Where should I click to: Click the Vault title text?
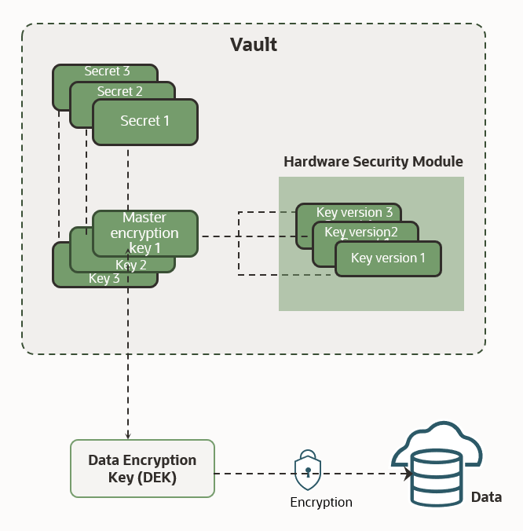(253, 44)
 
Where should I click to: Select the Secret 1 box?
(144, 121)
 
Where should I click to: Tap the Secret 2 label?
(119, 92)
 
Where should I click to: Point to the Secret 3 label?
(107, 71)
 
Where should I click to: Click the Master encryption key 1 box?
(144, 233)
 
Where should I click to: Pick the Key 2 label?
(131, 265)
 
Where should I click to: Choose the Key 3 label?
(104, 278)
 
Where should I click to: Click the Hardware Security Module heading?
(373, 162)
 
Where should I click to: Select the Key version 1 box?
(388, 258)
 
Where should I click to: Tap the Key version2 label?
(361, 232)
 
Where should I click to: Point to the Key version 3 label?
(354, 213)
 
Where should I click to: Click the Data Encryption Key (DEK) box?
(142, 468)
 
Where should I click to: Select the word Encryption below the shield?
(321, 503)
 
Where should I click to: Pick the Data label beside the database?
(486, 497)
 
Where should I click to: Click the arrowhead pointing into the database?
(408, 474)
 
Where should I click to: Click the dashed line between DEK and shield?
(251, 474)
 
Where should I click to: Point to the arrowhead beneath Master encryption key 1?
(127, 262)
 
